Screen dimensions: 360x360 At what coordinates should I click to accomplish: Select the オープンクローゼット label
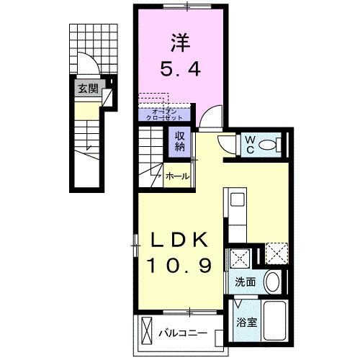(x=164, y=112)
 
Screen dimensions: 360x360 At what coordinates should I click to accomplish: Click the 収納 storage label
(x=179, y=140)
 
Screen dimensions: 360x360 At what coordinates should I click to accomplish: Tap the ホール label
(x=177, y=176)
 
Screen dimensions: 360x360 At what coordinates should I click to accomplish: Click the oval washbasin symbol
(x=272, y=281)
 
